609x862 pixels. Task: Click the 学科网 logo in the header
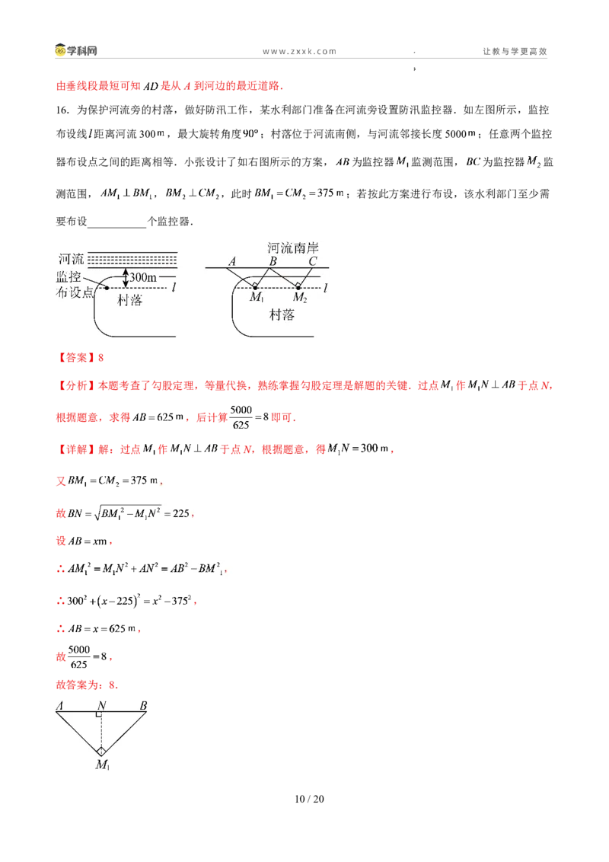pyautogui.click(x=76, y=50)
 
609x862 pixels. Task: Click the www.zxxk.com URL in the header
pyautogui.click(x=300, y=51)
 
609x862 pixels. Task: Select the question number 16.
pyautogui.click(x=62, y=110)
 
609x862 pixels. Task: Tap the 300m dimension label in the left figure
pyautogui.click(x=143, y=278)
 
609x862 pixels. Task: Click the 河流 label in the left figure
pyautogui.click(x=72, y=259)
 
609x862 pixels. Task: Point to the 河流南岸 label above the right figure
pyautogui.click(x=293, y=248)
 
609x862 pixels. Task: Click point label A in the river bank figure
pyautogui.click(x=232, y=261)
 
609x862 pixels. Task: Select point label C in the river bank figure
pyautogui.click(x=313, y=261)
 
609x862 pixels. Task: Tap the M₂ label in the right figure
pyautogui.click(x=300, y=298)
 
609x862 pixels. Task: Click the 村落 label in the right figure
pyautogui.click(x=282, y=314)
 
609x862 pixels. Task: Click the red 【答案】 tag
pyautogui.click(x=76, y=358)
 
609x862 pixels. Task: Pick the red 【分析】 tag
pyautogui.click(x=76, y=385)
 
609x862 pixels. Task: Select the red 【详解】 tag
pyautogui.click(x=76, y=449)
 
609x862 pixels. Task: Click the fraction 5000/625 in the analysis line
pyautogui.click(x=241, y=417)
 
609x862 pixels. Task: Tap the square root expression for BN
pyautogui.click(x=128, y=513)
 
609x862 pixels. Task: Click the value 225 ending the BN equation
pyautogui.click(x=181, y=513)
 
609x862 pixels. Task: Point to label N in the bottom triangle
pyautogui.click(x=101, y=705)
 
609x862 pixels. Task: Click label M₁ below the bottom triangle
pyautogui.click(x=103, y=765)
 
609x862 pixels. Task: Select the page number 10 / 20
pyautogui.click(x=309, y=799)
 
